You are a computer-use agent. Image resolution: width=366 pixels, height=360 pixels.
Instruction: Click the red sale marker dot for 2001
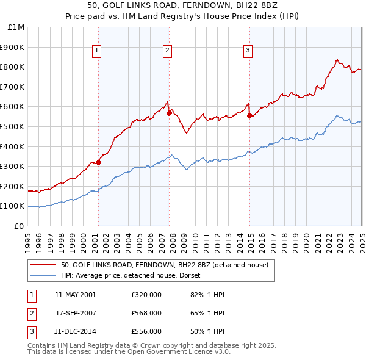click(x=98, y=162)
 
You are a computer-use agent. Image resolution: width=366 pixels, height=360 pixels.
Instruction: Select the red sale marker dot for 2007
click(x=169, y=113)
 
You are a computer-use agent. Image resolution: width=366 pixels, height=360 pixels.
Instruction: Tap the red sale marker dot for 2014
click(x=249, y=115)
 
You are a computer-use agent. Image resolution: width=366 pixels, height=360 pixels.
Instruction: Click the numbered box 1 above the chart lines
click(x=98, y=51)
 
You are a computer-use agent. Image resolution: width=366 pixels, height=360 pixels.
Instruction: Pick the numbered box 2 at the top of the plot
click(x=167, y=51)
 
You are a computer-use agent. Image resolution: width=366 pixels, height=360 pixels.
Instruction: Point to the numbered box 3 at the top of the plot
click(x=248, y=51)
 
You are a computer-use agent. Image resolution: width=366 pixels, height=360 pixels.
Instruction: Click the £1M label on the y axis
click(x=16, y=27)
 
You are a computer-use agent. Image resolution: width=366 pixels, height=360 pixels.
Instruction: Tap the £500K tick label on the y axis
click(x=13, y=126)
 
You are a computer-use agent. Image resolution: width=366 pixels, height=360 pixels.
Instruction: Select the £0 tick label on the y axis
click(x=20, y=226)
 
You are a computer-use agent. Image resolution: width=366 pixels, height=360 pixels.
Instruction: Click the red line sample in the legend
click(x=43, y=265)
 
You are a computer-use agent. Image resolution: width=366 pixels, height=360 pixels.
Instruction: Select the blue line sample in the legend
click(x=43, y=276)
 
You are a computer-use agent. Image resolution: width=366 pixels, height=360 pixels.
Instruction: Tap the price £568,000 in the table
click(x=146, y=313)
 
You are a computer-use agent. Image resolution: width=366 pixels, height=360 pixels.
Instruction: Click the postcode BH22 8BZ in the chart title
click(x=254, y=8)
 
